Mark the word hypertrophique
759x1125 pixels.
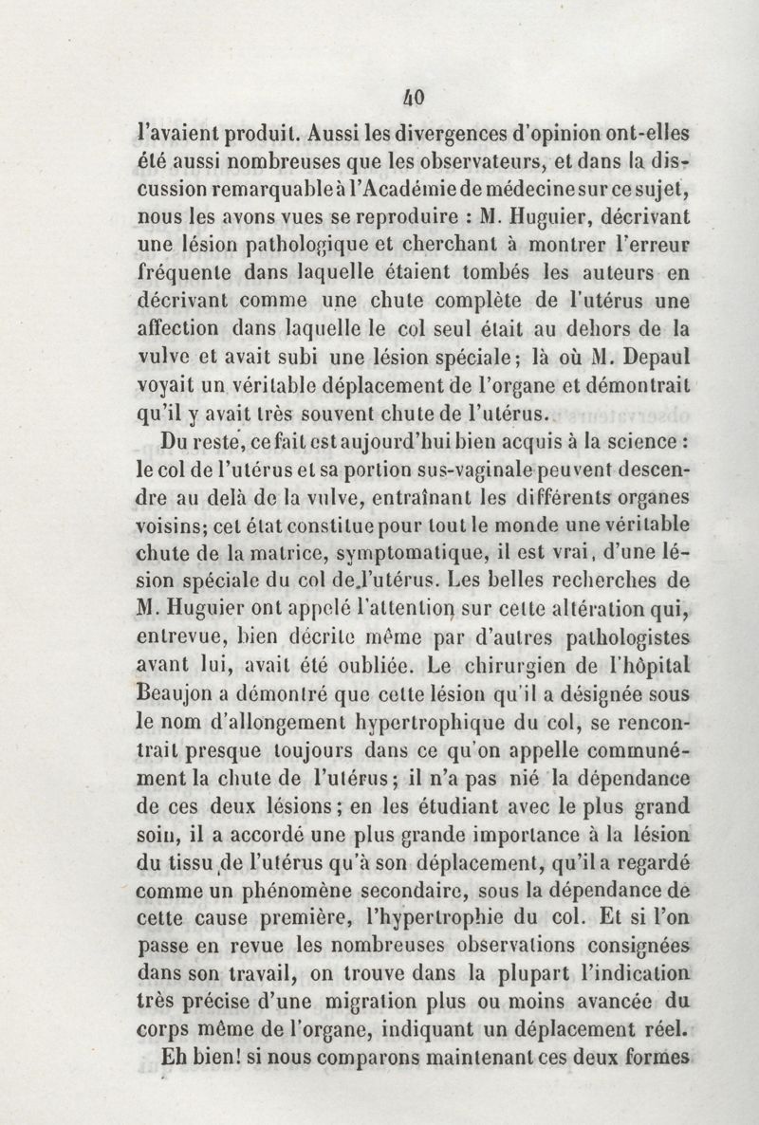click(410, 721)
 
